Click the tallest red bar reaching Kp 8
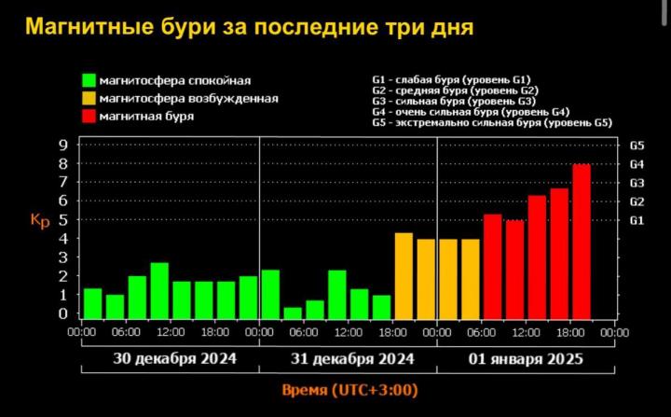(582, 242)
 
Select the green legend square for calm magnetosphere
(89, 81)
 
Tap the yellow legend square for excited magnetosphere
(89, 98)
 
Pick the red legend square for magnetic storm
(89, 115)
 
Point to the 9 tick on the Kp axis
(62, 146)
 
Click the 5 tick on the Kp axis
(62, 220)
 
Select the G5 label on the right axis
(637, 146)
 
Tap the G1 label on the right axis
(637, 220)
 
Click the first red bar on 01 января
(492, 267)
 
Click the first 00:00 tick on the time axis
(82, 331)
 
